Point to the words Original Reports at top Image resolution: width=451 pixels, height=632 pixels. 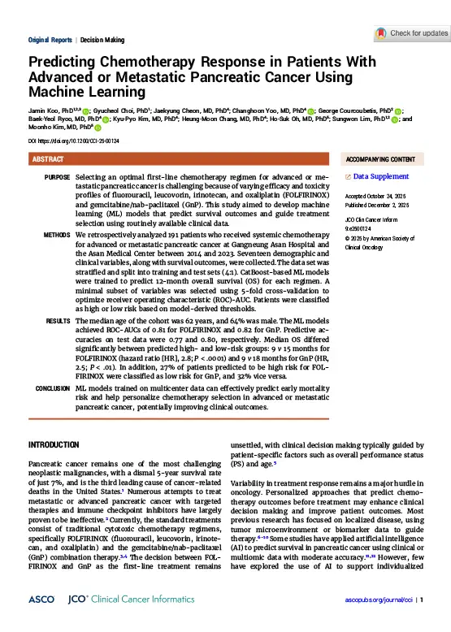pyautogui.click(x=51, y=40)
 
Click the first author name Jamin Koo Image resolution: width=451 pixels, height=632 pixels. pyautogui.click(x=43, y=108)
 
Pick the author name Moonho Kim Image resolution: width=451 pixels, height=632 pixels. pyautogui.click(x=48, y=128)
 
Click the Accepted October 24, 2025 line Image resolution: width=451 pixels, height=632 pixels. pyautogui.click(x=381, y=197)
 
